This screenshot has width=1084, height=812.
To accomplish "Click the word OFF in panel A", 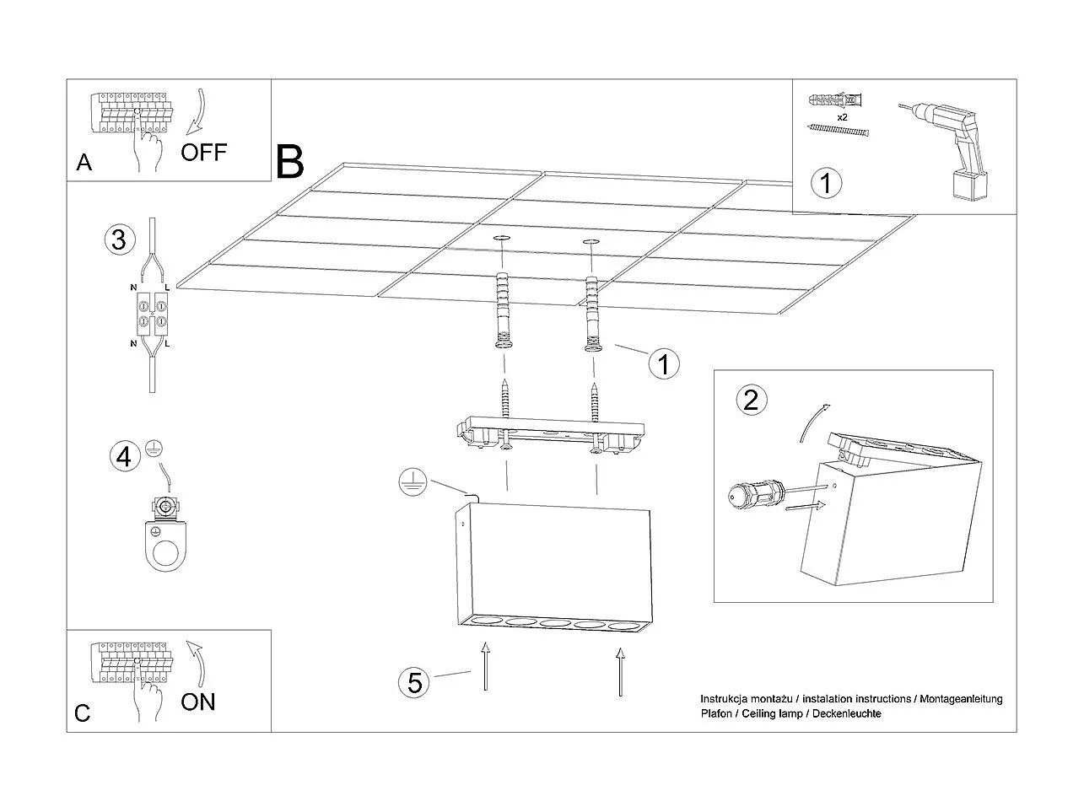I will tap(204, 152).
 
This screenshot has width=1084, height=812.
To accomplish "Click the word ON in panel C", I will tap(198, 701).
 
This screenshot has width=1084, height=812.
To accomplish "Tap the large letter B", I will tap(289, 162).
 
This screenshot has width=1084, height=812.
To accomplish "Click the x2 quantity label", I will tap(842, 116).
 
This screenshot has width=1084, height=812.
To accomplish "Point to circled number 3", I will tap(119, 239).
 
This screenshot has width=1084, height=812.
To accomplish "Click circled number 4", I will tap(124, 457).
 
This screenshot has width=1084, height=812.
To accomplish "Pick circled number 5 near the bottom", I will tap(414, 681).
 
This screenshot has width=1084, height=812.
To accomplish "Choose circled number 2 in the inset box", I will tap(751, 399).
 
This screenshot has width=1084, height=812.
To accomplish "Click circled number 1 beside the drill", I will tap(827, 183).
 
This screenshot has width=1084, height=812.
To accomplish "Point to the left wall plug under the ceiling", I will tap(504, 312).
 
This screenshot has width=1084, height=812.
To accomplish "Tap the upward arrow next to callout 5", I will tap(485, 666).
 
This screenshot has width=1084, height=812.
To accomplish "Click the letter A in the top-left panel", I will tap(84, 163).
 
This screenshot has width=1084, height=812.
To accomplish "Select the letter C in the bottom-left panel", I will tap(82, 713).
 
